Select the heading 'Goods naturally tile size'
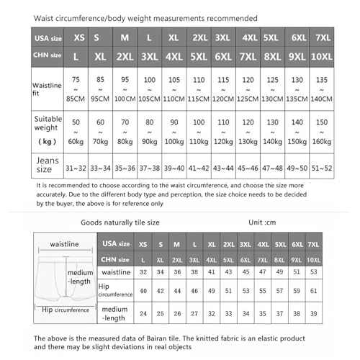[x=123, y=223]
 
